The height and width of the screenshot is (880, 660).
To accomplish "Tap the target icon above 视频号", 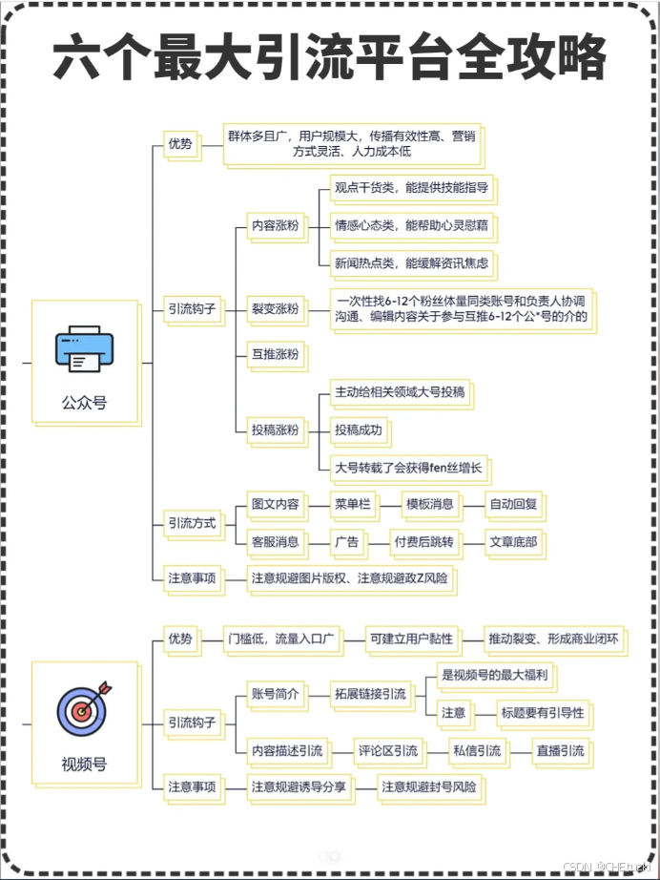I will [83, 709].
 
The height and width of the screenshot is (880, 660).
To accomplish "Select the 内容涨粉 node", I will [274, 226].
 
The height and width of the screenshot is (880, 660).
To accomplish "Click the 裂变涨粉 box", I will [274, 308].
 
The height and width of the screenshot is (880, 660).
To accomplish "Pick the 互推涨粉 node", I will [274, 355].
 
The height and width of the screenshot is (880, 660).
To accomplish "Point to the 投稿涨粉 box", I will [274, 430].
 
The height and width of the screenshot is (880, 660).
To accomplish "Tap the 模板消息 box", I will [429, 503].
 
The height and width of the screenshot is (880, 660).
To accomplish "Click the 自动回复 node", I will [514, 503].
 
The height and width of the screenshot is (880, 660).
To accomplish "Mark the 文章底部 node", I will [513, 542].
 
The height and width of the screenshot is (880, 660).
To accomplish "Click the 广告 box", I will [346, 542].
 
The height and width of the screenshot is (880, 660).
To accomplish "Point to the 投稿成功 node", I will [358, 430].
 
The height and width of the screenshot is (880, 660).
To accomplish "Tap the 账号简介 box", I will [274, 694].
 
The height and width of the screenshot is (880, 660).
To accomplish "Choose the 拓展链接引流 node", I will [370, 694].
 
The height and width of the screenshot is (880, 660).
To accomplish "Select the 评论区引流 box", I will [386, 750].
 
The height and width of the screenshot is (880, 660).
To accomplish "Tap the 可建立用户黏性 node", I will [411, 638].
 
